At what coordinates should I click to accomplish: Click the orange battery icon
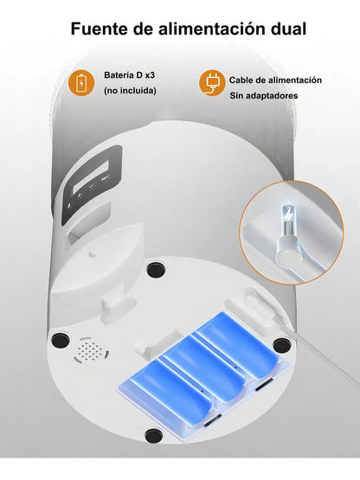[81, 83]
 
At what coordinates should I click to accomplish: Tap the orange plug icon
[211, 83]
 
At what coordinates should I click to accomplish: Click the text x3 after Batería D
[150, 75]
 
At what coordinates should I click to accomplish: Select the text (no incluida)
[130, 91]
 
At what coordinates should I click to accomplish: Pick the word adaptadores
[272, 96]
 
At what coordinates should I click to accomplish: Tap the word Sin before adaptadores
[236, 95]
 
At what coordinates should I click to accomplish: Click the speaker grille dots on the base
[90, 350]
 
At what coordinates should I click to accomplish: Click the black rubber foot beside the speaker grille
[61, 341]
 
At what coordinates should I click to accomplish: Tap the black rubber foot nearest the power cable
[281, 346]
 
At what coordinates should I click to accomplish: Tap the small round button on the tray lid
[93, 254]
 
